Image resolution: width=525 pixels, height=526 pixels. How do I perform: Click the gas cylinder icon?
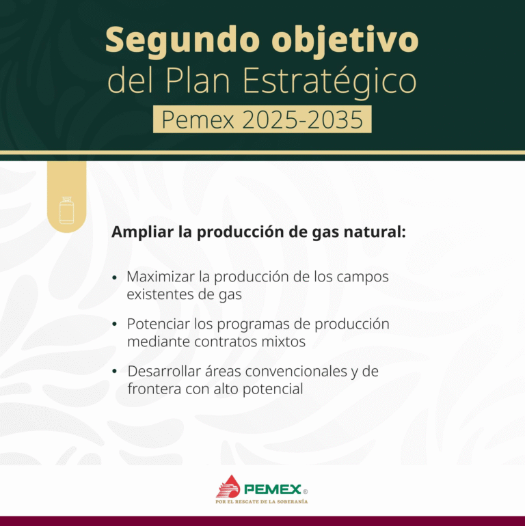[66, 210]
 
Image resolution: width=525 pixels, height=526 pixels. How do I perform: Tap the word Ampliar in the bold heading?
[142, 232]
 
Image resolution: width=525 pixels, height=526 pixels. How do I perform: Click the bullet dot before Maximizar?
[115, 278]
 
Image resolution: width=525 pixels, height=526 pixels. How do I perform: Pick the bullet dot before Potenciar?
[115, 324]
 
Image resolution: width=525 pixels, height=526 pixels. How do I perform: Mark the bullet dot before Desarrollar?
[115, 372]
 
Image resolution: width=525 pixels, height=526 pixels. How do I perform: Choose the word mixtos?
[282, 341]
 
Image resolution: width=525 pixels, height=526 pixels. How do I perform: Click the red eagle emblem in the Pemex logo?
[228, 486]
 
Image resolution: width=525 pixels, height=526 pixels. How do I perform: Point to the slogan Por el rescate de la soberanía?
[262, 501]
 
